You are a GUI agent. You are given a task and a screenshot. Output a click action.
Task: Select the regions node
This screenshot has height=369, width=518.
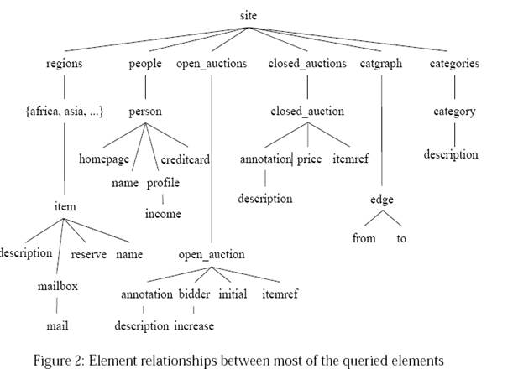coord(65,64)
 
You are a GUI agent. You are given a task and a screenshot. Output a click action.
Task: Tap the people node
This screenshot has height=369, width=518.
coord(145,64)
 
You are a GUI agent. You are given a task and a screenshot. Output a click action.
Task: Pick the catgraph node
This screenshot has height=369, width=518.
coord(382,64)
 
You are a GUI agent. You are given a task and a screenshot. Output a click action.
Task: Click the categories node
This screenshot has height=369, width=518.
coord(453,64)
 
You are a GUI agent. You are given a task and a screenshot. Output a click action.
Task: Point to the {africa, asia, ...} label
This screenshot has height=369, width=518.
coord(65,111)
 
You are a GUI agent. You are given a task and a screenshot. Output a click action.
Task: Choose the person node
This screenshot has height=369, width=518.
coord(145,111)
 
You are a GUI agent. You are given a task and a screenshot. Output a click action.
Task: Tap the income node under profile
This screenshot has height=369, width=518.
coord(163,214)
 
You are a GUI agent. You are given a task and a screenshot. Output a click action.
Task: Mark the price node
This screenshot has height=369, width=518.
coord(310,159)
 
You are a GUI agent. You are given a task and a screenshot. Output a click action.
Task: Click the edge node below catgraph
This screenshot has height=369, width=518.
coord(381,200)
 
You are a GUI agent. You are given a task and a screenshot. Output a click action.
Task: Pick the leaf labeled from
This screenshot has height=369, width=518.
coord(364,238)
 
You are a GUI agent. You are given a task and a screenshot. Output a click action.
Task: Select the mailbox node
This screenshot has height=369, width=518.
coord(58,286)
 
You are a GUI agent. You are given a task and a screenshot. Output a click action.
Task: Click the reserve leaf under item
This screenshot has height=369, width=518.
coord(88,253)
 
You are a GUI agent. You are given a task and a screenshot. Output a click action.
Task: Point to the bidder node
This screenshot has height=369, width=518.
coord(194,294)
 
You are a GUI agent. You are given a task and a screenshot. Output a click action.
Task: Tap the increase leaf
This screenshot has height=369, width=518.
coord(194,325)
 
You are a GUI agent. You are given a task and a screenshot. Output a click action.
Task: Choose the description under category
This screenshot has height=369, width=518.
coord(451,154)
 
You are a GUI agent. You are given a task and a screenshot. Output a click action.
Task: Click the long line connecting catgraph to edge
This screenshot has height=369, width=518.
coord(382,134)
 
